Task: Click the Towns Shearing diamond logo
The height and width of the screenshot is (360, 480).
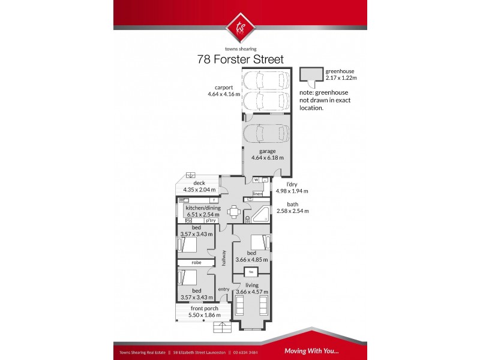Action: coord(239,26)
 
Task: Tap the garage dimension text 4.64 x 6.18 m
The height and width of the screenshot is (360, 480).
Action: coord(267,158)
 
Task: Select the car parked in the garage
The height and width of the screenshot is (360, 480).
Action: coord(266,133)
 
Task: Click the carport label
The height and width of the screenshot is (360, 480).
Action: coord(220,87)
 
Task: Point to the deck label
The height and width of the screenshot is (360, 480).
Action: coord(199,184)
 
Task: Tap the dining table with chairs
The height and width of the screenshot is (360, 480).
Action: coord(234,211)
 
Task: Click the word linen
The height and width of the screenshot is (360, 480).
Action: coord(258,194)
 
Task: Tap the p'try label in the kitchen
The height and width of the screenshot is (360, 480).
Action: coord(210,221)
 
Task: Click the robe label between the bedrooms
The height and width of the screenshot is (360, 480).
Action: coord(196,263)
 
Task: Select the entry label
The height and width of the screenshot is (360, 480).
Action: coord(223,289)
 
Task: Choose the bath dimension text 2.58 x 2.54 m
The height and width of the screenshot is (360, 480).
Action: coord(291,211)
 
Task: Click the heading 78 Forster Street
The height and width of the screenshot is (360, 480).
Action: coord(240,59)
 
